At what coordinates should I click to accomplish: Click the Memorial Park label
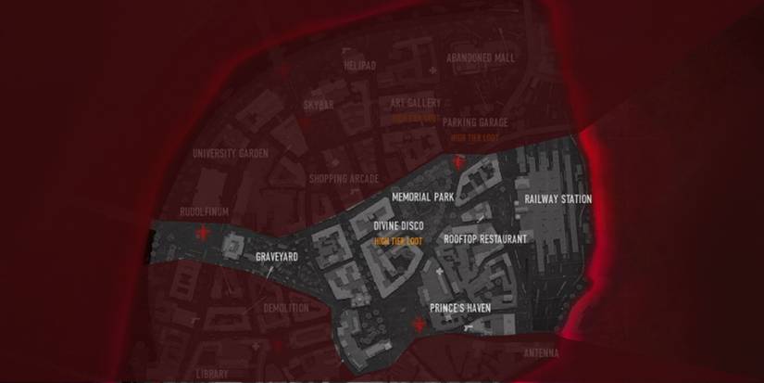pyautogui.click(x=422, y=198)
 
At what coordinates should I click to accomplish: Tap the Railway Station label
pyautogui.click(x=557, y=199)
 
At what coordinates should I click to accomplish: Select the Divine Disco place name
pyautogui.click(x=398, y=226)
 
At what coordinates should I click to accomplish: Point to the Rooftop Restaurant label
pyautogui.click(x=485, y=239)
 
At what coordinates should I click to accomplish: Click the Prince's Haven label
pyautogui.click(x=460, y=307)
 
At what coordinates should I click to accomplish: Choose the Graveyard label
pyautogui.click(x=277, y=257)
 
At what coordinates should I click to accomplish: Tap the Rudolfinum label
pyautogui.click(x=204, y=211)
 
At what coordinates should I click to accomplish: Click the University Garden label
pyautogui.click(x=231, y=154)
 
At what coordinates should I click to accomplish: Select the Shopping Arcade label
pyautogui.click(x=344, y=178)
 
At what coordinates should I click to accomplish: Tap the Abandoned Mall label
pyautogui.click(x=480, y=57)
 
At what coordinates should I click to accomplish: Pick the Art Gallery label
pyautogui.click(x=416, y=104)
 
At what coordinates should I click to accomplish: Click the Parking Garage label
pyautogui.click(x=475, y=122)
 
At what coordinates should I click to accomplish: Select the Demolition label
pyautogui.click(x=286, y=308)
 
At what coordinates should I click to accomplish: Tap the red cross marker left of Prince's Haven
pyautogui.click(x=422, y=324)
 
